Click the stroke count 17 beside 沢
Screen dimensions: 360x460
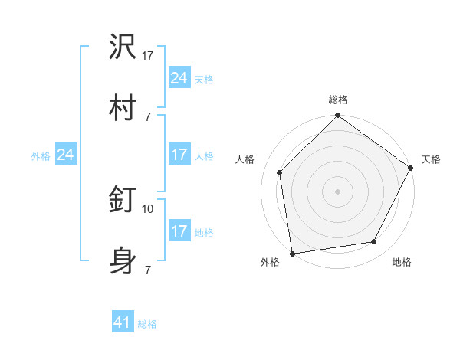148,55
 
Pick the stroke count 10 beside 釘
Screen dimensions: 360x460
148,208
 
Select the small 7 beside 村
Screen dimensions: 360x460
148,116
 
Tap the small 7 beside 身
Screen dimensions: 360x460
148,270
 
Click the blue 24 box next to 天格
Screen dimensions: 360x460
179,78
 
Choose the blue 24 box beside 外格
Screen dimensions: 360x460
66,155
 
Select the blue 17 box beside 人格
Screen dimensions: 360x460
179,155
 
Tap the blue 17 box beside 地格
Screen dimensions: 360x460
179,231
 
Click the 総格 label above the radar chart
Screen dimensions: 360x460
338,100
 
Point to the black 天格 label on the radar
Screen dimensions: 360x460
431,159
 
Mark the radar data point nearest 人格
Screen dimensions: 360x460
280,172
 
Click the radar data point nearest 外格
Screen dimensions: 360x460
292,253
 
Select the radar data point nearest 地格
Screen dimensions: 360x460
374,241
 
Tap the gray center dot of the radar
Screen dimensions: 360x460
338,191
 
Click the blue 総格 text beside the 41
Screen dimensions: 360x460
147,324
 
